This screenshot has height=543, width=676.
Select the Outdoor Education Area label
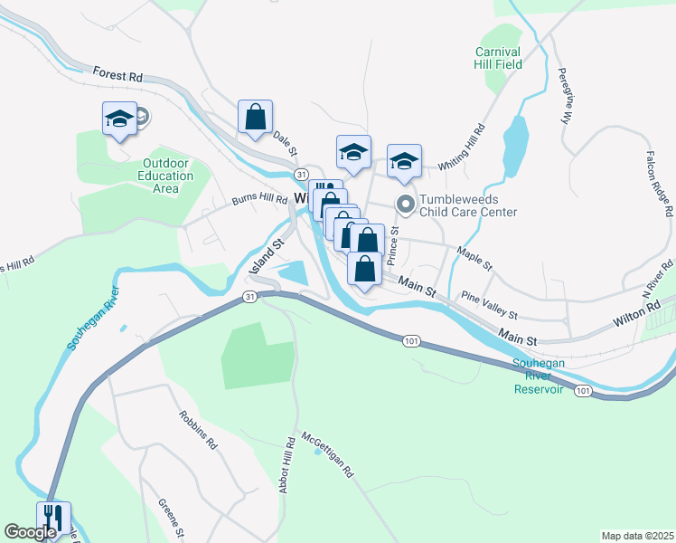166,176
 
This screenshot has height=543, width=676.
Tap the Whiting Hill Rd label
462,148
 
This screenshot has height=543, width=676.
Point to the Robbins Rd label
198,431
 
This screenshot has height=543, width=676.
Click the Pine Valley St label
489,305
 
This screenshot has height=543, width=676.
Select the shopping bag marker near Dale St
256,117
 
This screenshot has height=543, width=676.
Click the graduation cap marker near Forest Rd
119,119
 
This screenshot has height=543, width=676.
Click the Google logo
30,532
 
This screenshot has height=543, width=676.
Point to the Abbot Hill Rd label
290,467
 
